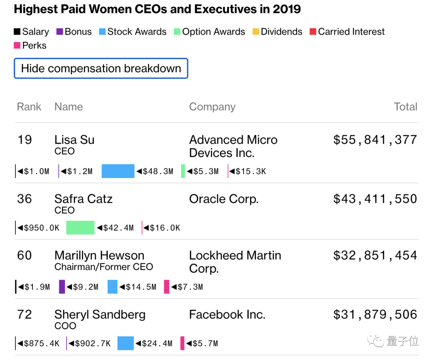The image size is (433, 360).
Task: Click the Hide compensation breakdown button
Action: (101, 69)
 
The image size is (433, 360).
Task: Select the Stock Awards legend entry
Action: (133, 32)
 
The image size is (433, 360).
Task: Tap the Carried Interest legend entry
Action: (347, 32)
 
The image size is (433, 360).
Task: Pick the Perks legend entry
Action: (30, 45)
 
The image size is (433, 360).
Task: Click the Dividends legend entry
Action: (277, 32)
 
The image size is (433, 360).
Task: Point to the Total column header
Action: (405, 107)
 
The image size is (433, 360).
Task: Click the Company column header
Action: (212, 107)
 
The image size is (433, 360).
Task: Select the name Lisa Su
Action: (75, 140)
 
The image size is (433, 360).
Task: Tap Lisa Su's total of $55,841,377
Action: (375, 140)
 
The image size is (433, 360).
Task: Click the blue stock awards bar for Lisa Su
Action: (118, 171)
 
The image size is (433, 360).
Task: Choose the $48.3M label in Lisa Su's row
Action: (155, 171)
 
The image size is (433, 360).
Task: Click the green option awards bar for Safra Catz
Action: (80, 228)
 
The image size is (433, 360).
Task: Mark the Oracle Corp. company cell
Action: (224, 199)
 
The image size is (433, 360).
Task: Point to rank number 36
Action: (24, 199)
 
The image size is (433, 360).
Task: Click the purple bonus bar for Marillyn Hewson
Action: (62, 287)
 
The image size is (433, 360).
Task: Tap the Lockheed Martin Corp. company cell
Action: (235, 262)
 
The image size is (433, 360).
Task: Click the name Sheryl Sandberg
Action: (100, 314)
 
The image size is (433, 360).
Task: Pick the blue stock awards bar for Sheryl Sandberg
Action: (125, 343)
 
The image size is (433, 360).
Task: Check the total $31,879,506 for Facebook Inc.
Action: (375, 314)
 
